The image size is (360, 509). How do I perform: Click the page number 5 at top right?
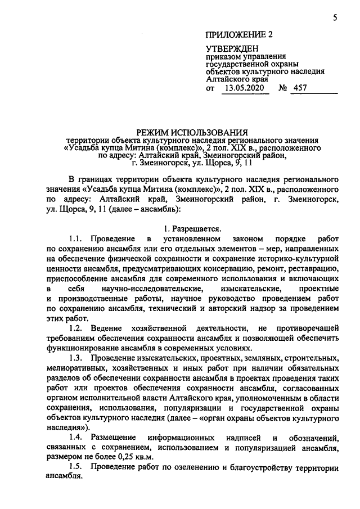pos(334,18)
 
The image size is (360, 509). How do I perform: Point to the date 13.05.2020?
pos(243,88)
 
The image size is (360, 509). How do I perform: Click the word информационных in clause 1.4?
pos(182,437)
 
